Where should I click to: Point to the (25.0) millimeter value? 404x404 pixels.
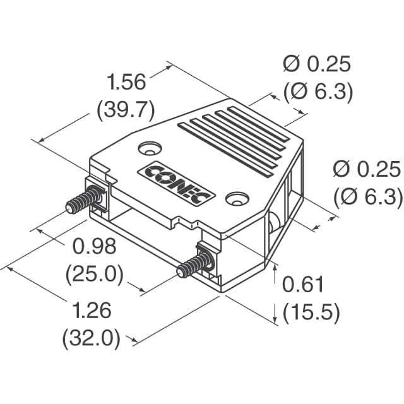(94, 273)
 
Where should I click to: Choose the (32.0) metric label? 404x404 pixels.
(91, 339)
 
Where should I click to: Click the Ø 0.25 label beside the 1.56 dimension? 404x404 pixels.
(316, 65)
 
